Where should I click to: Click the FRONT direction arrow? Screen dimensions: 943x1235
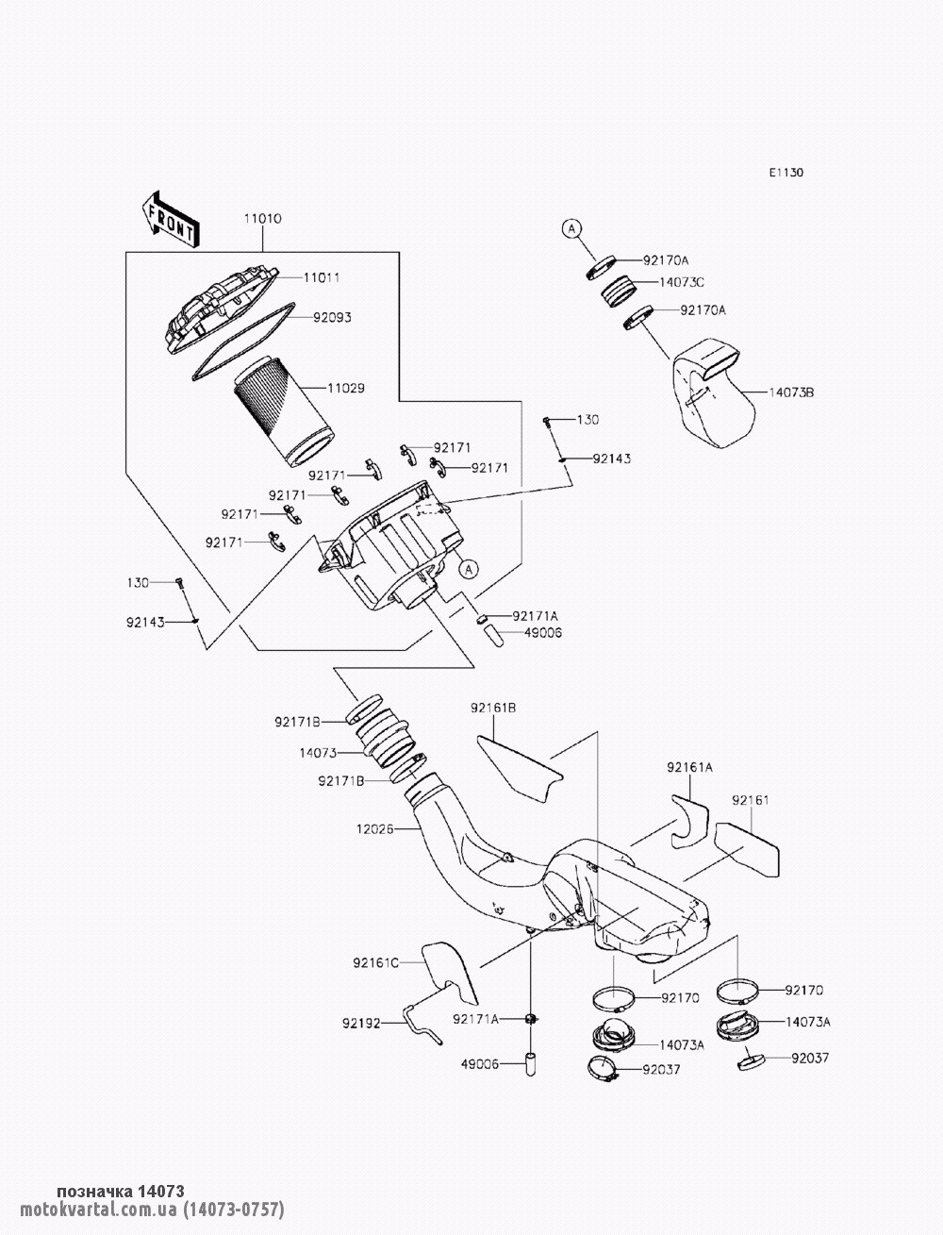[170, 220]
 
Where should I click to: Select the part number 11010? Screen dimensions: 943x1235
[262, 218]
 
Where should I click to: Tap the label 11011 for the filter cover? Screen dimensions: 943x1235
[322, 277]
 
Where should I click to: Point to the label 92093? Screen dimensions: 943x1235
[332, 317]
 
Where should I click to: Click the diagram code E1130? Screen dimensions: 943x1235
[786, 173]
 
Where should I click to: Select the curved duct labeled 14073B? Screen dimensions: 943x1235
[714, 392]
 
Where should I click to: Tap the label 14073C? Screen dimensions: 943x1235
[682, 282]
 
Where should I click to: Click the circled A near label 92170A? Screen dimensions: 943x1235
[571, 228]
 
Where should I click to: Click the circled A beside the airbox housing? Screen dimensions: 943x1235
[468, 570]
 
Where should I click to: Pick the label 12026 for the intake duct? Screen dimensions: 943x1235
[375, 828]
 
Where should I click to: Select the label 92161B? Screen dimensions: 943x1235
[494, 708]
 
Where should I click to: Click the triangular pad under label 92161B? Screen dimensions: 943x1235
[521, 768]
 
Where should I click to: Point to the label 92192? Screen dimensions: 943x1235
[361, 1024]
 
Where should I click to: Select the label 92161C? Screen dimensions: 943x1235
[375, 963]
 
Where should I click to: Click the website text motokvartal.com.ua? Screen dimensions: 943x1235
[98, 1210]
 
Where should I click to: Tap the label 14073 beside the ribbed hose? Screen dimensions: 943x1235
[319, 753]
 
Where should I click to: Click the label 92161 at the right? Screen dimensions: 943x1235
[750, 799]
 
